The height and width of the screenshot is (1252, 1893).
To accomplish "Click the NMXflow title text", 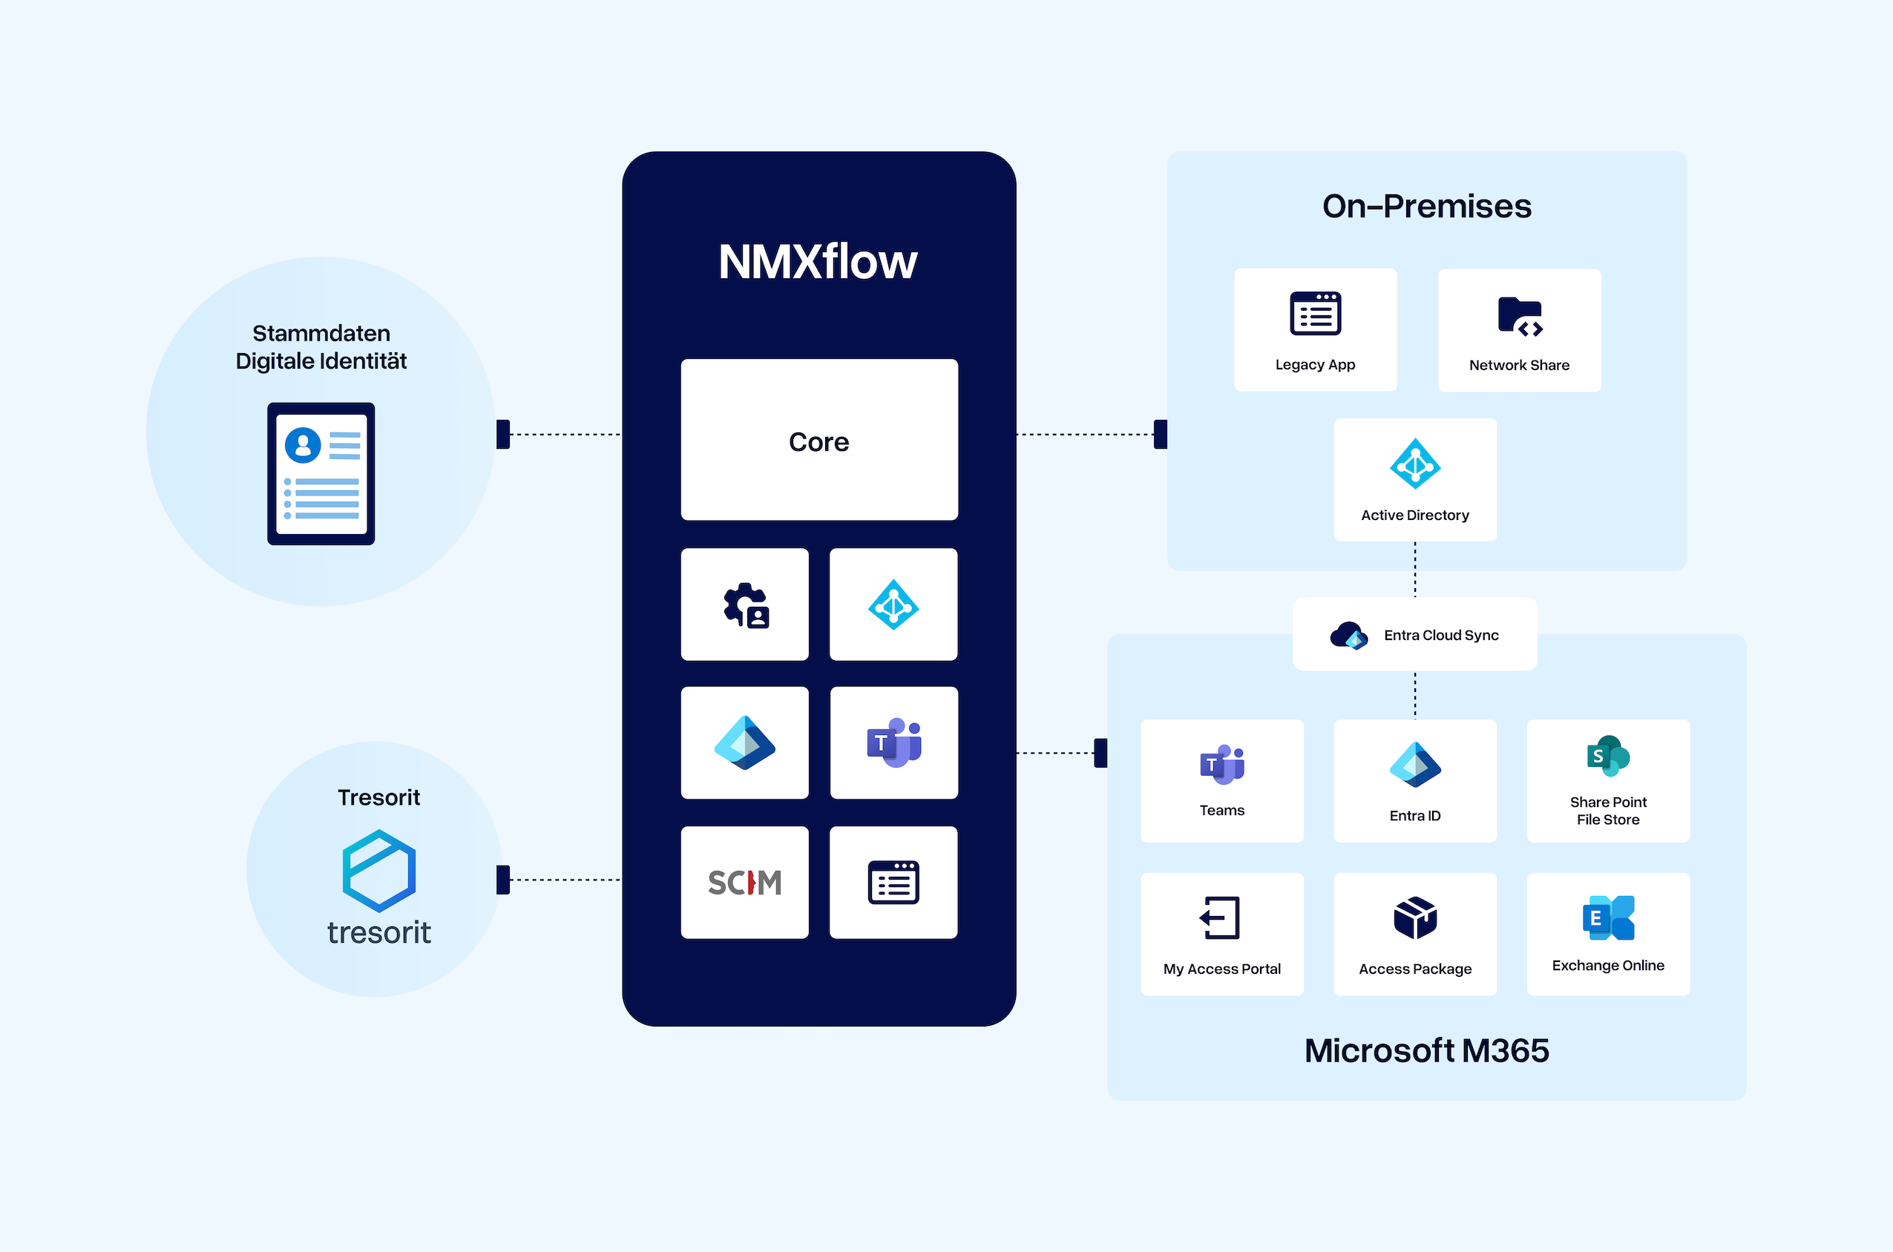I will point(818,262).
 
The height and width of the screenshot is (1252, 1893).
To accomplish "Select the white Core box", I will point(818,440).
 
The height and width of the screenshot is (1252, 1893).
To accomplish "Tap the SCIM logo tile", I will point(744,883).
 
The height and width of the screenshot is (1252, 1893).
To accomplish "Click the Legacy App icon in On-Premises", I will point(1315,314).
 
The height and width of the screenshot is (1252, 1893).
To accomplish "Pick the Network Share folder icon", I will point(1519,316).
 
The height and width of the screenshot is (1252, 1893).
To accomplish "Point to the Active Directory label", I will point(1414,515).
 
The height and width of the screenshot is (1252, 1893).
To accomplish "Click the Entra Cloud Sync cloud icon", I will point(1348,636).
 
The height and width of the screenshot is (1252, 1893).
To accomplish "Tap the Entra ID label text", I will point(1414,815).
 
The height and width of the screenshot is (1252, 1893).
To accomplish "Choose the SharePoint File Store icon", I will point(1608,755).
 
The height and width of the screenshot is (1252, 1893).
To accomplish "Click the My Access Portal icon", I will point(1221,917).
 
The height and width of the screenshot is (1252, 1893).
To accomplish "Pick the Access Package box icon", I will point(1414,917).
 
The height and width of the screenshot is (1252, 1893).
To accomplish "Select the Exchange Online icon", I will point(1608,917).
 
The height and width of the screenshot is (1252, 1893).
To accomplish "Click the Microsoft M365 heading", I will point(1426,1050).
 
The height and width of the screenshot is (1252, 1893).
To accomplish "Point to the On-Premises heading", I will point(1426,206).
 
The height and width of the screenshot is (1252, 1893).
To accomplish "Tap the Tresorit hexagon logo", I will point(378,870).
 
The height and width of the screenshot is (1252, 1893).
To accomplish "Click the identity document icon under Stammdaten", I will point(321,473).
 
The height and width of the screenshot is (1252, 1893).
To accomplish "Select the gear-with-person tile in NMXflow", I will point(745,605).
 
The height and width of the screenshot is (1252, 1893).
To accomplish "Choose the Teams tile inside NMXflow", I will point(893,742).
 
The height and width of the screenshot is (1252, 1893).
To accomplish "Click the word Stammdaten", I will point(321,333).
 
